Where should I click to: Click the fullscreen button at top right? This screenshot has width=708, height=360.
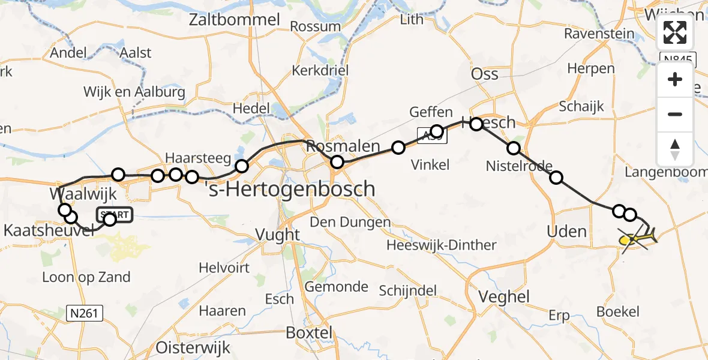coord(675,32)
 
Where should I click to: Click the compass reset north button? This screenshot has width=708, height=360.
coord(675,149)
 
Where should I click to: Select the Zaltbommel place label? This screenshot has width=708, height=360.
coord(235,20)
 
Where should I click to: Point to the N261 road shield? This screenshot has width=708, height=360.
coord(85,313)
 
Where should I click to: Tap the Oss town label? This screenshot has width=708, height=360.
coord(485,73)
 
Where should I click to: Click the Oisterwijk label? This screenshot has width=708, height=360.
coord(190,347)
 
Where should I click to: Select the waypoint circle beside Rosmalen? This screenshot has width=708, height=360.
coord(337,161)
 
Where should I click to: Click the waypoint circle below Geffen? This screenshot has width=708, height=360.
coord(437,131)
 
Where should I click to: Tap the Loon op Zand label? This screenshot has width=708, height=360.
coord(86,277)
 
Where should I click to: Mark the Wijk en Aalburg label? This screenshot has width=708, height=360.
coord(134,92)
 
